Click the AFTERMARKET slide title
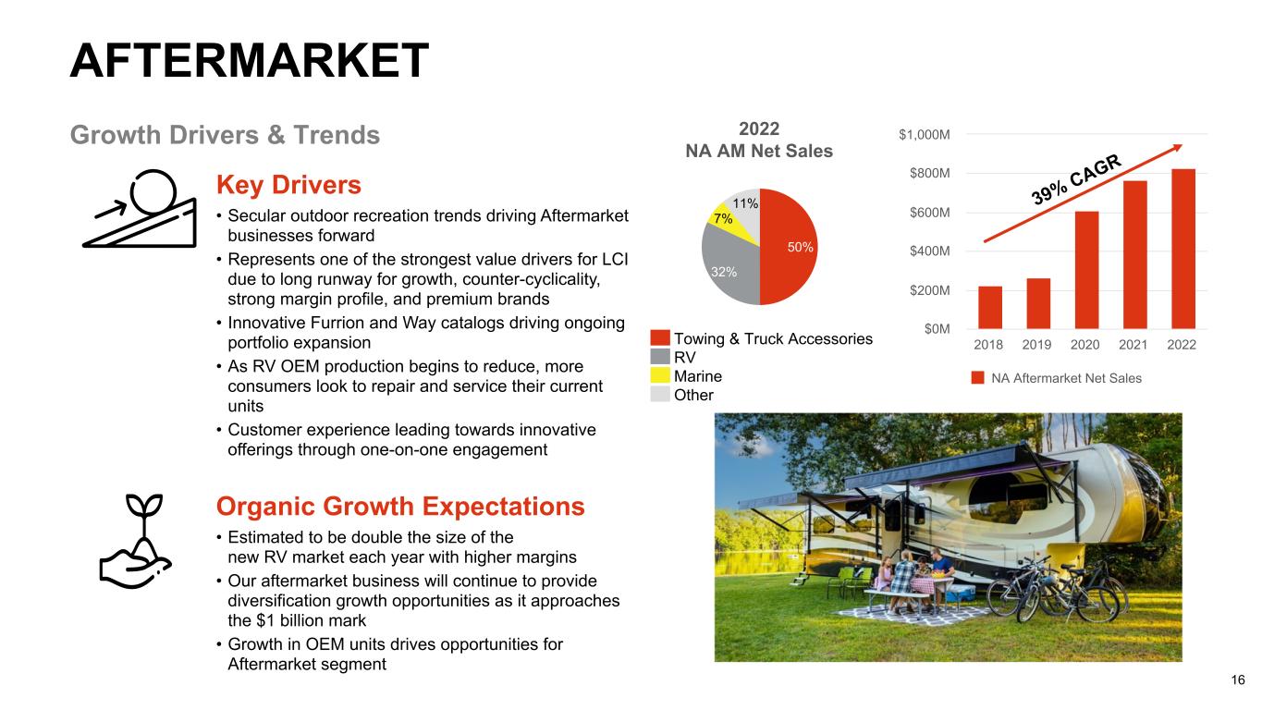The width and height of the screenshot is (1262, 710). point(249,60)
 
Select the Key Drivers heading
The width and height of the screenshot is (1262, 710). point(288,185)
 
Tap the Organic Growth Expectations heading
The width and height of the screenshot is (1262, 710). point(400,506)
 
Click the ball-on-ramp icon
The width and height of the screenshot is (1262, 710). point(141,209)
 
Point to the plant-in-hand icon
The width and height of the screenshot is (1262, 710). point(136,542)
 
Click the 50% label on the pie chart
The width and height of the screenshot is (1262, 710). point(800,248)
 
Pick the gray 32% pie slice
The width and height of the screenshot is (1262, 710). point(728,268)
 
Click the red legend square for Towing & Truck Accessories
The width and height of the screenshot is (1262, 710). point(660,338)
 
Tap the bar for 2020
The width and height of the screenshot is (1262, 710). point(1086,270)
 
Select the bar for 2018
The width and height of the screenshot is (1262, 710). point(990,308)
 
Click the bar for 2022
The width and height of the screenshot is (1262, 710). point(1183,249)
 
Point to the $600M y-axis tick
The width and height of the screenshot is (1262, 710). point(929,213)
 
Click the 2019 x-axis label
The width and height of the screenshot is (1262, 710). point(1036,345)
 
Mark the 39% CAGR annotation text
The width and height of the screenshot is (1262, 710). point(1076,179)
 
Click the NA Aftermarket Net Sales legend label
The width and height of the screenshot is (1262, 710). point(1066,378)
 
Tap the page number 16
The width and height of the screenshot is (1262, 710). point(1238,680)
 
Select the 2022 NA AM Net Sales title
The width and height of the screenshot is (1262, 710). point(759,140)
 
